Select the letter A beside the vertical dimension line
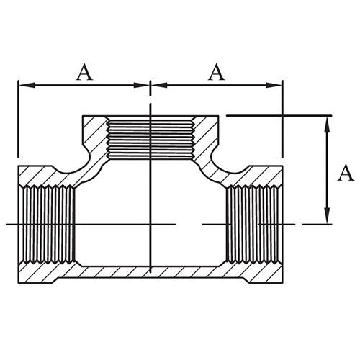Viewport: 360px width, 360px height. click(346, 173)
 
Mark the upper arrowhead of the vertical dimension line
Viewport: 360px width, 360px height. click(328, 120)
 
